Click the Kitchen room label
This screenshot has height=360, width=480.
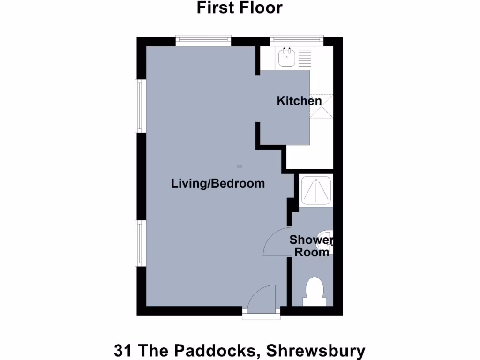(299, 101)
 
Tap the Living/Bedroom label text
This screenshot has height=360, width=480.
(218, 183)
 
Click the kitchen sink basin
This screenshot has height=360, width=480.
(286, 58)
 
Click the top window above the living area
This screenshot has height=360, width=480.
(203, 41)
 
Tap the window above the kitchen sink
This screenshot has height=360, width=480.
(297, 41)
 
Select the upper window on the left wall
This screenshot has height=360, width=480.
(139, 105)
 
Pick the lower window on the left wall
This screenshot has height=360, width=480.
(139, 243)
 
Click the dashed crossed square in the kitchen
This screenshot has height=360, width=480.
(321, 107)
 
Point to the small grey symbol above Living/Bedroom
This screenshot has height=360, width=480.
(240, 166)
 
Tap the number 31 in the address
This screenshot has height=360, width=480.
(122, 350)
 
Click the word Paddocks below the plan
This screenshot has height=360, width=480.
(211, 350)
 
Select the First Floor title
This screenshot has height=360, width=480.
(240, 8)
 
